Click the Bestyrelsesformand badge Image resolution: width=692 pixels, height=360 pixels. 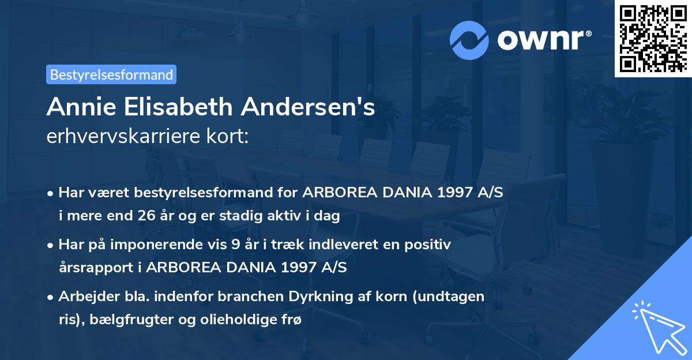point(111,74)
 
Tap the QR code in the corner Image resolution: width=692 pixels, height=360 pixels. point(653,38)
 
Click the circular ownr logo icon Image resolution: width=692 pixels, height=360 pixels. point(469,40)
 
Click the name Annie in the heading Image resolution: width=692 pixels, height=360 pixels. point(77,107)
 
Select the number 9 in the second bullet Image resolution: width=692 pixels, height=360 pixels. point(235,245)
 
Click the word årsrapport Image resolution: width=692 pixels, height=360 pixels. point(92,267)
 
